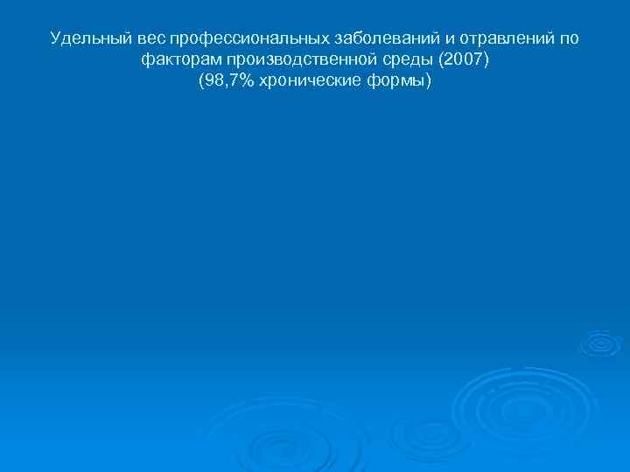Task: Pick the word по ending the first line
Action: coord(567,39)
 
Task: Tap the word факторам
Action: coord(180,60)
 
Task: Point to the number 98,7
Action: coord(220,81)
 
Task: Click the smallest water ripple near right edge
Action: coord(600,344)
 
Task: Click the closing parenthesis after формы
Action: coord(429,81)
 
